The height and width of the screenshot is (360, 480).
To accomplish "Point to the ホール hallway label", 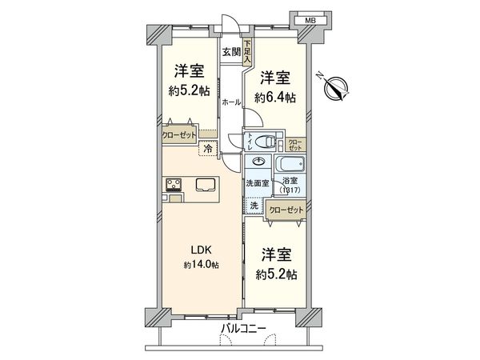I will click(230, 102).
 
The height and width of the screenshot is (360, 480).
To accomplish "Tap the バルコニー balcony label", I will click(238, 328).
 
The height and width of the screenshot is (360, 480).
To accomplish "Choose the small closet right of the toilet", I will click(296, 145).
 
